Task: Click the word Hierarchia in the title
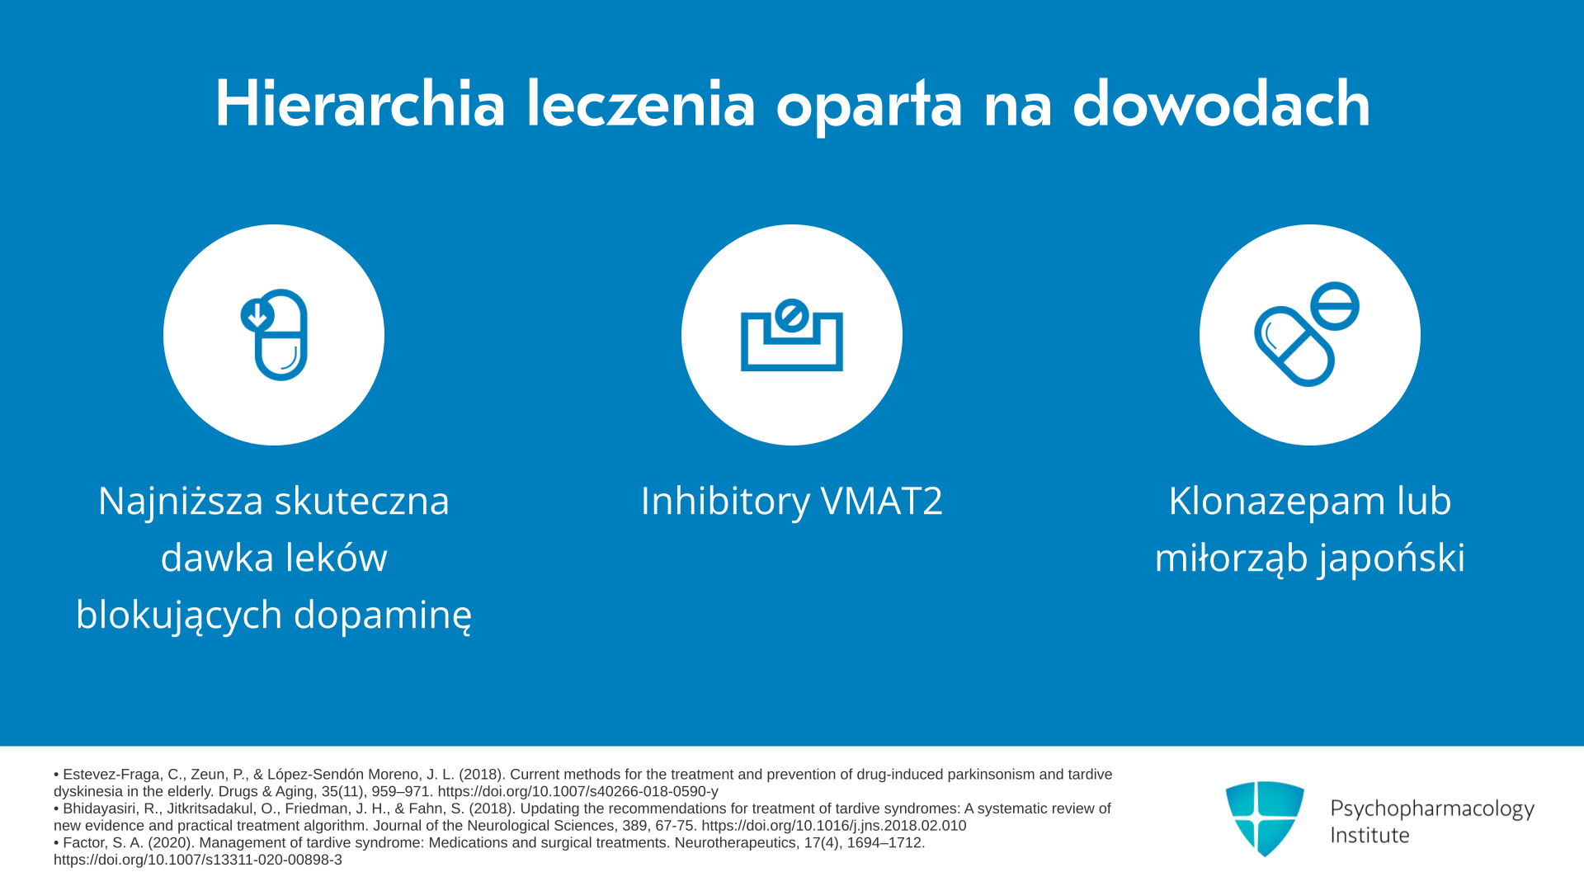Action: [x=360, y=104]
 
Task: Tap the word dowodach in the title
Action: [x=1221, y=104]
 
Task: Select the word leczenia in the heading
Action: [x=641, y=104]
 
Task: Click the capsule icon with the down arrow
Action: [x=274, y=334]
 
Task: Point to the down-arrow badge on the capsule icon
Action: [x=257, y=315]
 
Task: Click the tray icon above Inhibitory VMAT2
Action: [x=792, y=335]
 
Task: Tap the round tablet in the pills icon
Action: [x=1334, y=306]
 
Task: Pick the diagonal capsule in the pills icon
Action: [x=1294, y=346]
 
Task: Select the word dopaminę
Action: [x=383, y=615]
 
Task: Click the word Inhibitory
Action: [x=726, y=502]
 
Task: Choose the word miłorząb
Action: [x=1231, y=559]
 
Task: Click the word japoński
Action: [x=1392, y=559]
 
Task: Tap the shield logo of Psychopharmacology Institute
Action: [x=1265, y=818]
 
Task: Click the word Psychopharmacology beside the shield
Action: [x=1432, y=809]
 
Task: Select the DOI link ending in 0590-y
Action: [x=578, y=791]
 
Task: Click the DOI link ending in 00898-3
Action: [x=198, y=860]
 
